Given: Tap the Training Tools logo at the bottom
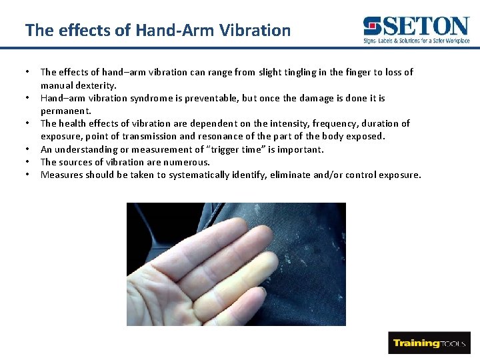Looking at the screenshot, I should click(x=429, y=343).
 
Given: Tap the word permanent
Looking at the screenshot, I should click(x=65, y=111).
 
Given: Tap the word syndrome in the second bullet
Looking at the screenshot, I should click(x=160, y=98).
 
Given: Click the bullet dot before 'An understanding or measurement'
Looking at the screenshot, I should click(x=27, y=149).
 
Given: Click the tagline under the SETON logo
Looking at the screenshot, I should click(x=416, y=41).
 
